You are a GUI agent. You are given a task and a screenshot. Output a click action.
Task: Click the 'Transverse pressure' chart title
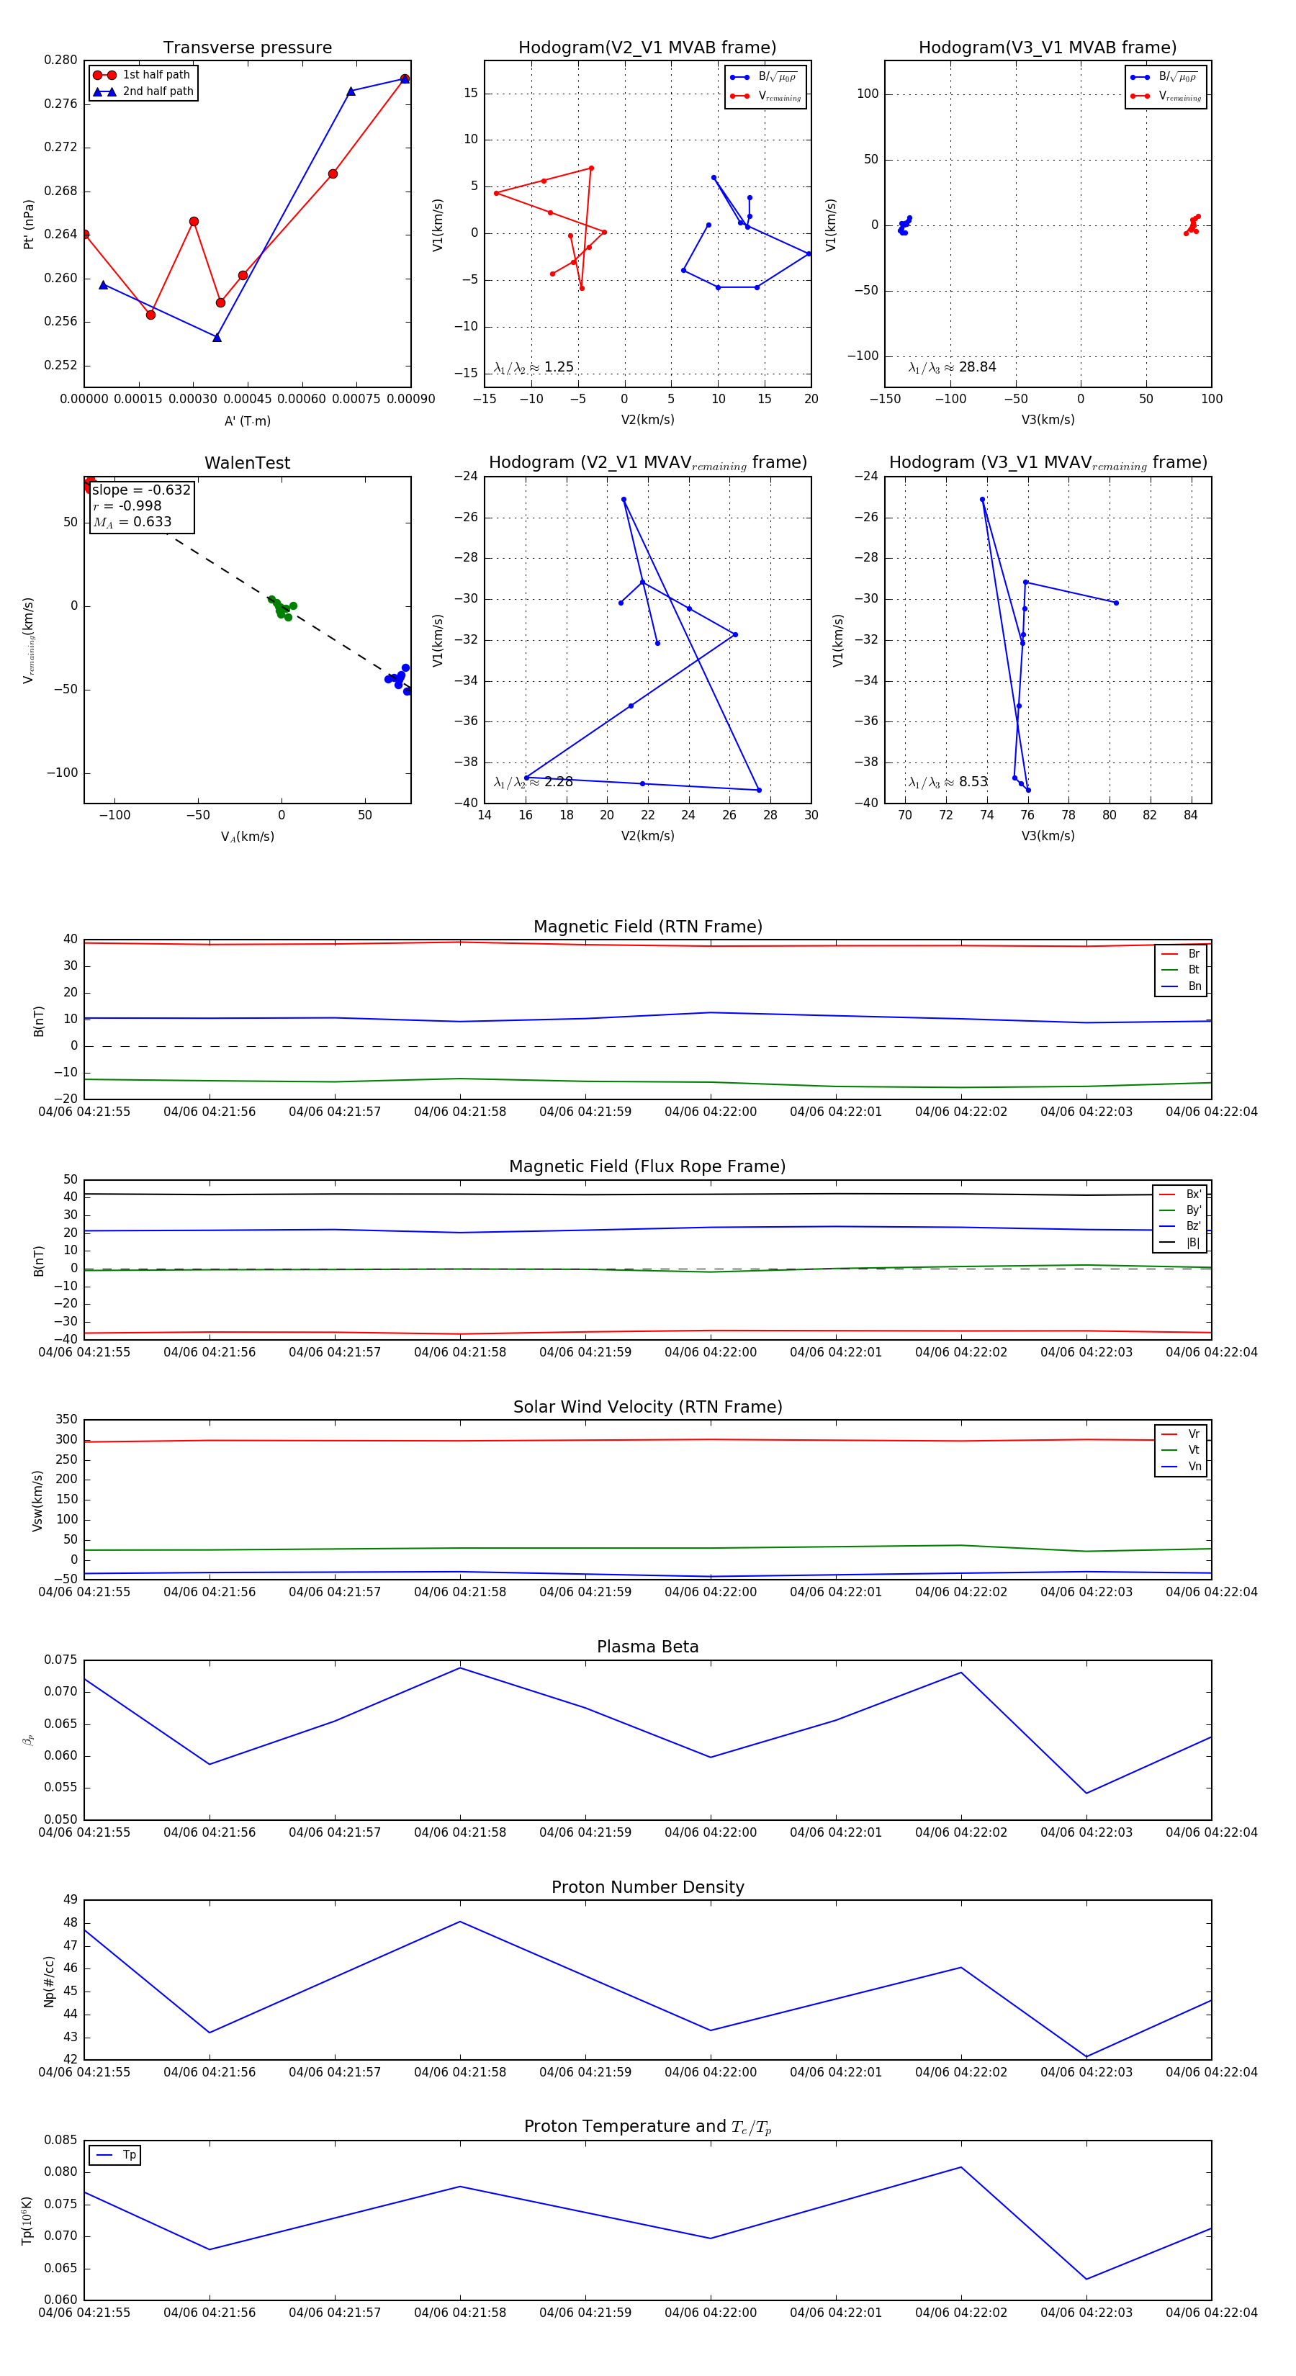tap(247, 48)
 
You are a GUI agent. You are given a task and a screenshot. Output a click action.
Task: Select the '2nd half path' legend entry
tap(158, 91)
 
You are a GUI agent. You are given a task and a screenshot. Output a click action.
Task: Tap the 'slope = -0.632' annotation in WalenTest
tap(141, 490)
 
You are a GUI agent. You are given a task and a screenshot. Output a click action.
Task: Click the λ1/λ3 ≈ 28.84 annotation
tap(952, 367)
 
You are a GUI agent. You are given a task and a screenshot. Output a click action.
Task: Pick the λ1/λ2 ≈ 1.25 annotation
tap(533, 367)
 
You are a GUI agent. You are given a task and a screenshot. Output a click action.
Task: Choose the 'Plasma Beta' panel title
tap(647, 1647)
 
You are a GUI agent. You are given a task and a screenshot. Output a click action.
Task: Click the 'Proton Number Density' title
tap(647, 1886)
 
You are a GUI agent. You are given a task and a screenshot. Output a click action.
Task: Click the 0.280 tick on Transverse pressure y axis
tap(61, 60)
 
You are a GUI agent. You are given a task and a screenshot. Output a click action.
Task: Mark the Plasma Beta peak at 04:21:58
tap(460, 1668)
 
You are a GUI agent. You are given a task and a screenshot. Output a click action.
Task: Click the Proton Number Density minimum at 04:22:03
tap(1086, 2057)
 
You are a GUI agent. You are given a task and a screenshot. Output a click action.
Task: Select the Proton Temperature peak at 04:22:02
tap(961, 2166)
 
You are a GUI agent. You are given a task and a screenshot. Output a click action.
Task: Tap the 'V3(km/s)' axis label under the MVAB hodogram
tap(1047, 420)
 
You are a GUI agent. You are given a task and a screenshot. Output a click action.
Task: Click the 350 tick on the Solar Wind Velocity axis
tap(66, 1420)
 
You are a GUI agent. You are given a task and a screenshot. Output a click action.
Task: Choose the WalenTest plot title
tap(247, 463)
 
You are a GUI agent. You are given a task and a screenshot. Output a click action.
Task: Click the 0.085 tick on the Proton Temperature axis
tap(61, 2140)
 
